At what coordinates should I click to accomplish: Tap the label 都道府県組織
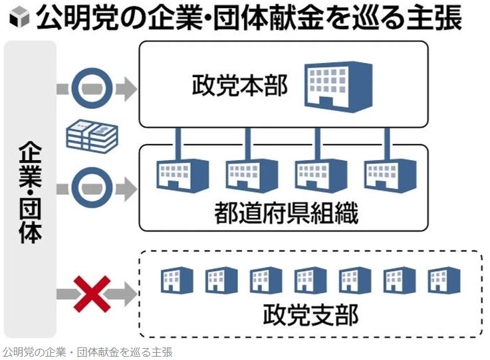(286, 214)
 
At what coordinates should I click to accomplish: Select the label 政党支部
(310, 315)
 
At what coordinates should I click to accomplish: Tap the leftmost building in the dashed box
(176, 280)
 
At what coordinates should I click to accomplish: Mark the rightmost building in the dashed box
(444, 280)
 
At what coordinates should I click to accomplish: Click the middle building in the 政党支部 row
(310, 280)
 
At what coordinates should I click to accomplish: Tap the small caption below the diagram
(87, 352)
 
